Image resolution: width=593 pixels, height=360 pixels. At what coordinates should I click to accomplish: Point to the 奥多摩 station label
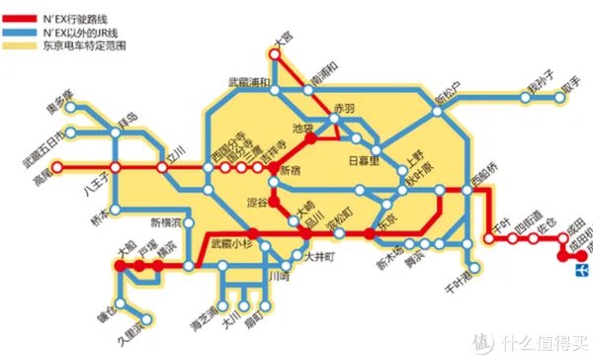pyautogui.click(x=60, y=102)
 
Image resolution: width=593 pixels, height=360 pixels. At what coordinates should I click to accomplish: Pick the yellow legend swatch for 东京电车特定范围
pyautogui.click(x=18, y=46)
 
